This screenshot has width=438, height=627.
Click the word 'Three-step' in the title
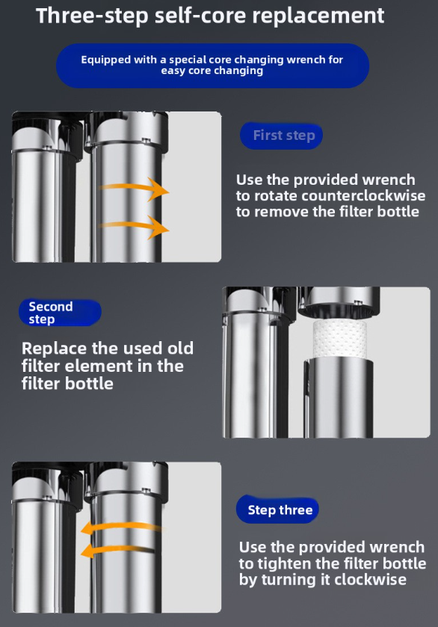pos(92,16)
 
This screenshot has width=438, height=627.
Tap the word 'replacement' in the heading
pos(318,16)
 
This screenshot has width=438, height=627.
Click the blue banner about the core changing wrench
pos(212,66)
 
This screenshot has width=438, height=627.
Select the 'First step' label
pos(281,135)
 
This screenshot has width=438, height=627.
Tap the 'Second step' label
pos(60,313)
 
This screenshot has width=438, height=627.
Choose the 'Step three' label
pos(278,510)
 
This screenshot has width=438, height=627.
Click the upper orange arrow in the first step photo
pos(134,189)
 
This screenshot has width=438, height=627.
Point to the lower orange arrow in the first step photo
pos(134,227)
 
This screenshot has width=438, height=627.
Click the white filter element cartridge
pos(339,339)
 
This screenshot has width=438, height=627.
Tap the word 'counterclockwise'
pos(363,196)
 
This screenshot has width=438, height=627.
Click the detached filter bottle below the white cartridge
pos(339,397)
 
